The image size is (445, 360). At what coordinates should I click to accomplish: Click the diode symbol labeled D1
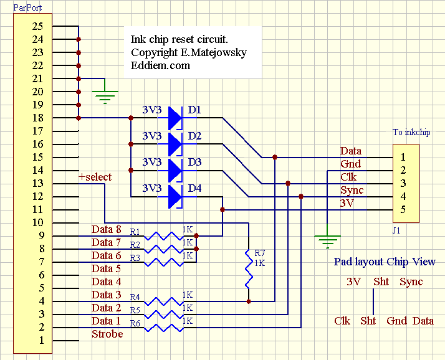coord(174,118)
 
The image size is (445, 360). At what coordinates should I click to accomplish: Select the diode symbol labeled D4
coord(174,196)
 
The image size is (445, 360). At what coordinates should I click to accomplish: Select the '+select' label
coord(95,178)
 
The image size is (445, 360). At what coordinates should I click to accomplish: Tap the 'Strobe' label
coord(107,334)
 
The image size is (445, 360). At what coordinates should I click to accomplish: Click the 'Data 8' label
coord(107,230)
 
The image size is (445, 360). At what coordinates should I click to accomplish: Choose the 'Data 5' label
coord(107,269)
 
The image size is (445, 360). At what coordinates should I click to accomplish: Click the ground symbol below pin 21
coord(105,96)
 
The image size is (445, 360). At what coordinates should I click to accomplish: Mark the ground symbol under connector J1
coord(327,239)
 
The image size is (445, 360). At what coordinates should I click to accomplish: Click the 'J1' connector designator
coord(396,230)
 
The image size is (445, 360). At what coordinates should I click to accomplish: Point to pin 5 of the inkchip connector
coord(403,209)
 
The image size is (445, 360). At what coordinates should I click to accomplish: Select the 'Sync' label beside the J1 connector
coord(352,191)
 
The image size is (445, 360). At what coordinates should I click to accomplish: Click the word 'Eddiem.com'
coord(161,65)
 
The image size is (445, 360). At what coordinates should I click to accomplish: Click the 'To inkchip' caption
coord(411,132)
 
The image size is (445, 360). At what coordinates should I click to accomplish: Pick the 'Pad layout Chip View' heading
coord(385,262)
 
